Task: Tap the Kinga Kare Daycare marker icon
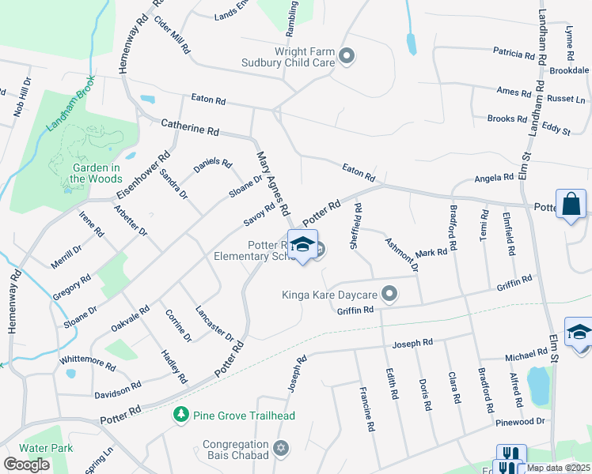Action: click(389, 295)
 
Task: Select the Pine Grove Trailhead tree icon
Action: click(181, 414)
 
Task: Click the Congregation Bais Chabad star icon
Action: click(279, 450)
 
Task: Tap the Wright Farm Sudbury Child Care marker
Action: click(346, 56)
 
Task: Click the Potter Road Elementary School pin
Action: click(302, 245)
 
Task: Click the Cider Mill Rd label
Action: click(172, 34)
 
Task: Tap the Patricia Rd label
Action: click(514, 55)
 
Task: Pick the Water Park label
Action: click(46, 448)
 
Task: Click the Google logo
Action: click(27, 464)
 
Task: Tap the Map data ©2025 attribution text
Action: click(558, 468)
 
